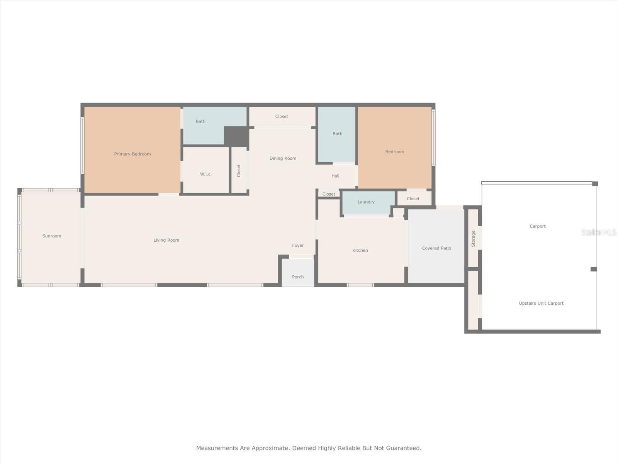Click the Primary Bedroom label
click(132, 154)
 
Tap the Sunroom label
click(52, 236)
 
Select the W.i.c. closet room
click(206, 174)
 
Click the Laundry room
click(366, 202)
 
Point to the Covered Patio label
click(436, 248)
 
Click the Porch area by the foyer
click(298, 277)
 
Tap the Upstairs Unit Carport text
click(541, 303)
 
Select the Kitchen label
click(360, 250)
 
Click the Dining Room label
click(283, 158)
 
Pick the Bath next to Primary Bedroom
click(200, 121)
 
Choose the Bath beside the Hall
click(337, 134)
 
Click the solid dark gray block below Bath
click(236, 136)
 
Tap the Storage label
click(473, 239)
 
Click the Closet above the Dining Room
click(282, 116)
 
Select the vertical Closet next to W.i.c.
click(239, 171)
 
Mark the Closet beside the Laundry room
click(413, 199)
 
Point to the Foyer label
click(298, 245)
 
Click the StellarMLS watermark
click(599, 232)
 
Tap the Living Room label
click(166, 240)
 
